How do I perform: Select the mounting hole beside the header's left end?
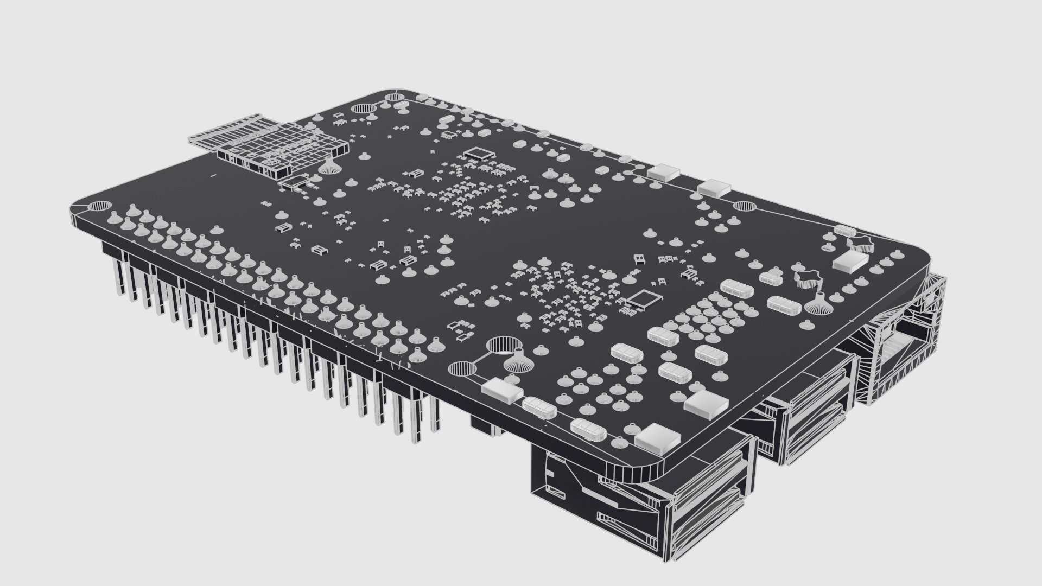98,206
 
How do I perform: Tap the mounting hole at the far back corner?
392,98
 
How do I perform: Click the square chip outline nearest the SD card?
478,152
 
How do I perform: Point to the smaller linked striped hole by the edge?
462,370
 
